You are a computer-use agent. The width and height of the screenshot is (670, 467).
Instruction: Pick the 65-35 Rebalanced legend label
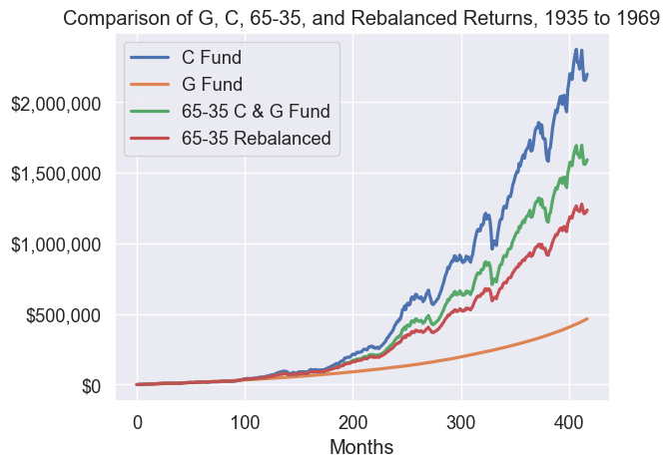point(256,139)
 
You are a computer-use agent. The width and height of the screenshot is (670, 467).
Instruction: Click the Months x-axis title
point(360,445)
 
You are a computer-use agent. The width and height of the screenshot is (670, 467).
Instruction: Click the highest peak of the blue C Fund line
point(576,49)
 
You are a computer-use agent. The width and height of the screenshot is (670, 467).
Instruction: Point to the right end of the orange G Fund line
point(588,318)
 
